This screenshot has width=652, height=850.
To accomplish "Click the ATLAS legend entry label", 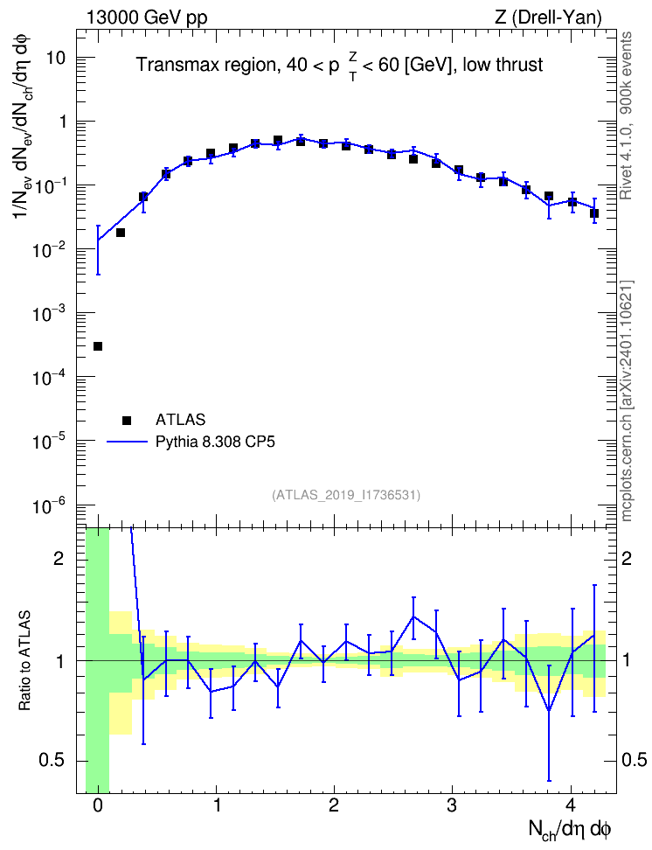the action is (180, 420).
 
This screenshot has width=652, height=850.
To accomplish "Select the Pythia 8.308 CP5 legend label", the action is (215, 442).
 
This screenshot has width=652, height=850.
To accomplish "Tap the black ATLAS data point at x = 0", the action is (98, 345).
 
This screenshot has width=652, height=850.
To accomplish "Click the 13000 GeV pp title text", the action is (146, 17).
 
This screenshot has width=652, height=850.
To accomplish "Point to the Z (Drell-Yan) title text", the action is (548, 17).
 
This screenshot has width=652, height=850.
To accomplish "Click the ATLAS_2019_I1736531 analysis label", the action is (346, 494).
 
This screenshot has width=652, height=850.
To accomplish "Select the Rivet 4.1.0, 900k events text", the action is (626, 115).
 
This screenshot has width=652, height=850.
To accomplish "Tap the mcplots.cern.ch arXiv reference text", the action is (627, 401).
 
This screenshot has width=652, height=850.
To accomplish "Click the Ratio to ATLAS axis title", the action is (24, 660).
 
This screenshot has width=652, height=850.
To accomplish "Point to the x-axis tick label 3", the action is (452, 805).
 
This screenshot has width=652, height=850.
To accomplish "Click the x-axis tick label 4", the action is (570, 805).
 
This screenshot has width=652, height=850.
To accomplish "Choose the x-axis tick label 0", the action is (98, 805).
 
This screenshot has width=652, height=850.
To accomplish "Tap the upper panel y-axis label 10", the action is (56, 58).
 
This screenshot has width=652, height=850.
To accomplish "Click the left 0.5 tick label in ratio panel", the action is (52, 760).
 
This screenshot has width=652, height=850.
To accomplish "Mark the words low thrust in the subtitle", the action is (503, 65).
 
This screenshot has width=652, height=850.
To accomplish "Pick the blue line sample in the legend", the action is (127, 442).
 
